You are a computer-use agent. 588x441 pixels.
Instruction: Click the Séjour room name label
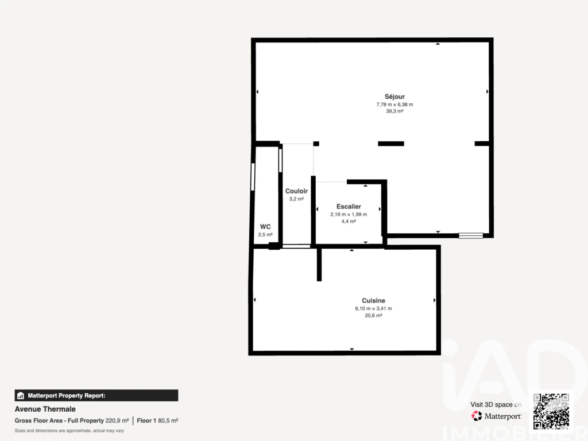(x=394, y=96)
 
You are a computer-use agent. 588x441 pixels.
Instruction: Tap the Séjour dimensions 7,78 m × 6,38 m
(x=394, y=105)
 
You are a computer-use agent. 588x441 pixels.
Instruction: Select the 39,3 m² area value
(x=394, y=111)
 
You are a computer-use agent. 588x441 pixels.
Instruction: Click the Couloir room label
(x=296, y=191)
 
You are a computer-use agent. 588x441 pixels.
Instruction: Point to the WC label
(x=265, y=226)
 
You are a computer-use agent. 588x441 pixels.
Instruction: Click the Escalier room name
(x=349, y=207)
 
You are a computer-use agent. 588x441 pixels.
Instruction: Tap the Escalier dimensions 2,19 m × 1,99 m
(x=349, y=215)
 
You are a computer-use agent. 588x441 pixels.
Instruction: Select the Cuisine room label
(x=373, y=301)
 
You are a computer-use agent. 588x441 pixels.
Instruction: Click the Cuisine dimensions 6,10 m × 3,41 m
(x=373, y=308)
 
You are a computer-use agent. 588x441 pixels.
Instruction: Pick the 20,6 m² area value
(x=373, y=316)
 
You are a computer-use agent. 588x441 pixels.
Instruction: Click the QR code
(x=551, y=411)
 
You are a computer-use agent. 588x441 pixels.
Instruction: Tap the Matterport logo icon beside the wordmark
(x=477, y=416)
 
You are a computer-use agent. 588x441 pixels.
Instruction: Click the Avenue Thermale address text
(x=45, y=409)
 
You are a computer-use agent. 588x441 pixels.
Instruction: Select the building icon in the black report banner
(x=21, y=396)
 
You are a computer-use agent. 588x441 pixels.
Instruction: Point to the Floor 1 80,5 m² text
(x=157, y=421)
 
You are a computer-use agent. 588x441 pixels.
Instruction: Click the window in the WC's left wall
(x=253, y=176)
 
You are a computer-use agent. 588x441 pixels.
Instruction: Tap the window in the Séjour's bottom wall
(x=471, y=235)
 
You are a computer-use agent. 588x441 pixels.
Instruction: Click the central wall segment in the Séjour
(x=390, y=144)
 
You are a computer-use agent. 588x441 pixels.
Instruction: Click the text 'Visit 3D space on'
(x=496, y=405)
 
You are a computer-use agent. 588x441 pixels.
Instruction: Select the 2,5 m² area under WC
(x=265, y=235)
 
